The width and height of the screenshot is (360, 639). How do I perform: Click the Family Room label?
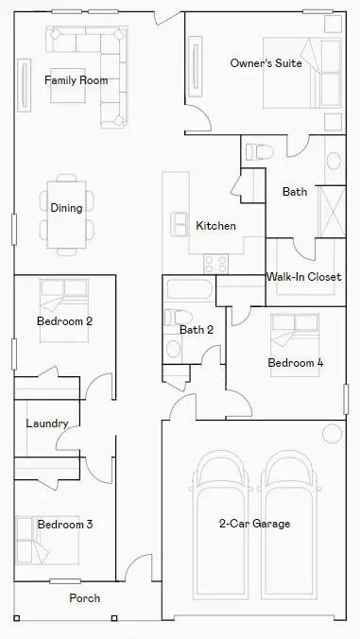[77, 80]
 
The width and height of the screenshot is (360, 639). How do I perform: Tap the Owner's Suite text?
[266, 63]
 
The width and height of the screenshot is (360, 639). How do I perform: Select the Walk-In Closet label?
[304, 277]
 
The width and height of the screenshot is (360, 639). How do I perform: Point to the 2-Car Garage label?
[254, 524]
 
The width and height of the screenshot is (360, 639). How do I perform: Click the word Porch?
[85, 597]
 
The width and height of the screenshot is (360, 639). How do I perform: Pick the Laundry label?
[47, 423]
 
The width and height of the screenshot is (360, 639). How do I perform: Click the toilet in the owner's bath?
[260, 152]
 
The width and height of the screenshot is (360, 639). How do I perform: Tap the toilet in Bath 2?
[178, 317]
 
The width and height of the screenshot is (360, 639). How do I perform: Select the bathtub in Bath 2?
[189, 289]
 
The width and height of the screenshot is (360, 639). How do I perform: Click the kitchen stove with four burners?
[215, 264]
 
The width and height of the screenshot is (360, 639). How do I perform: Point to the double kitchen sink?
[180, 224]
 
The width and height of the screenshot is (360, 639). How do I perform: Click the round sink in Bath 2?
[174, 349]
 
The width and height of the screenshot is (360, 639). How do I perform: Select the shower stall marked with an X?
[332, 212]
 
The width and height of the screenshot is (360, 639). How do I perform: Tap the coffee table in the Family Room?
[68, 86]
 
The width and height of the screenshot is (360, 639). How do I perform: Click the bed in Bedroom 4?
[295, 345]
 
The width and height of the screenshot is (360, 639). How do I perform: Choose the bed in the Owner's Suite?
[302, 73]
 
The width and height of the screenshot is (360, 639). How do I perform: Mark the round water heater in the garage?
[332, 434]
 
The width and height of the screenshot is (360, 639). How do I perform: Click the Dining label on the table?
[66, 208]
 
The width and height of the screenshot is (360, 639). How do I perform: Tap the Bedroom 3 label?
[65, 524]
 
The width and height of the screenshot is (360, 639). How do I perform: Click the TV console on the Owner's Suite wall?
[196, 66]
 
